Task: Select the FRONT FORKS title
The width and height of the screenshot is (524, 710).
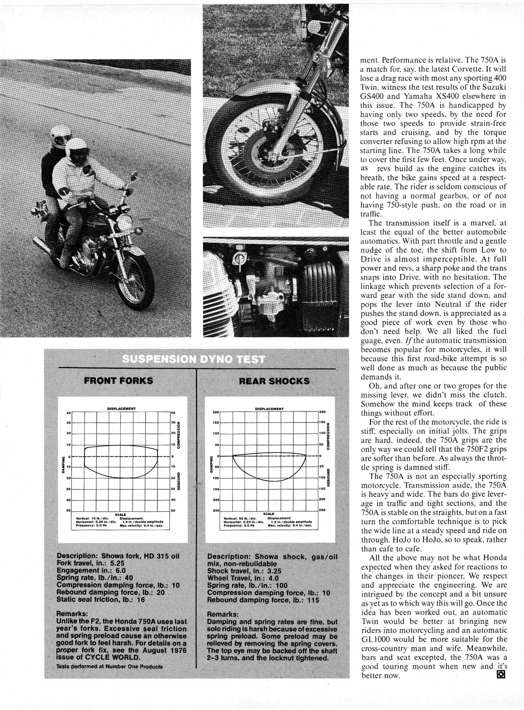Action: click(x=119, y=381)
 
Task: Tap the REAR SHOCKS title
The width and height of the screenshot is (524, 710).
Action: click(x=274, y=381)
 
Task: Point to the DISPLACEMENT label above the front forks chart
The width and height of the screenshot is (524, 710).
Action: click(x=121, y=409)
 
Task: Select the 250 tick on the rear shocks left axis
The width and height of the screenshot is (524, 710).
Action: click(x=216, y=510)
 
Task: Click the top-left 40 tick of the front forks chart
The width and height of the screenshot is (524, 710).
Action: click(x=69, y=413)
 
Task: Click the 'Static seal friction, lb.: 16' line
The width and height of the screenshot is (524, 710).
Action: click(x=101, y=599)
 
